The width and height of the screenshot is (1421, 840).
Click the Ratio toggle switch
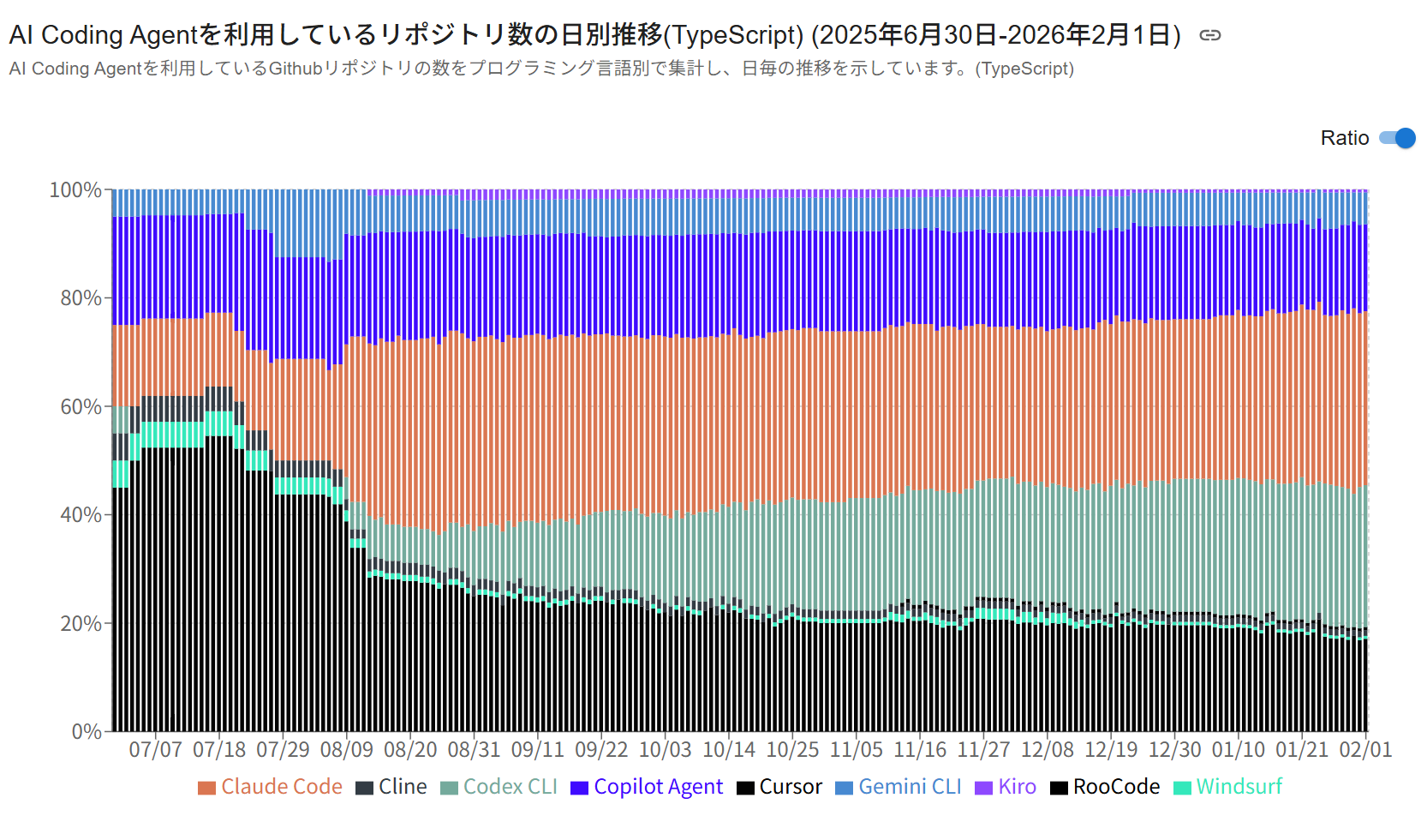click(1397, 138)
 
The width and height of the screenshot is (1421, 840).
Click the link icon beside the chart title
click(1209, 35)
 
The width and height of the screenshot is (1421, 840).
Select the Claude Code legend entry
click(271, 787)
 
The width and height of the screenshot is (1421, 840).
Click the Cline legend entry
click(391, 787)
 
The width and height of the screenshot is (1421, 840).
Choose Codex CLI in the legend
click(499, 787)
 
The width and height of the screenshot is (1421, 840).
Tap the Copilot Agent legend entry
click(647, 787)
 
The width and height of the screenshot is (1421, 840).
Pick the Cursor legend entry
click(779, 787)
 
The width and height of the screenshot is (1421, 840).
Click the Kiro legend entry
click(1006, 787)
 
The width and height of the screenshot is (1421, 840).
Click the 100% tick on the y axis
click(75, 189)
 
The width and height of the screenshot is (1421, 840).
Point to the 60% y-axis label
click(81, 407)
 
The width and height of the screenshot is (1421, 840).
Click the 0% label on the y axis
click(87, 732)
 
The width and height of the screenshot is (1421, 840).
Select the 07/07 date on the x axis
click(155, 750)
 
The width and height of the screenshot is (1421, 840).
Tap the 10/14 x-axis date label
click(729, 750)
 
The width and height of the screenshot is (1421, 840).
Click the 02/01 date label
click(1366, 750)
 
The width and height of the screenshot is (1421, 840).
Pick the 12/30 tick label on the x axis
click(1175, 750)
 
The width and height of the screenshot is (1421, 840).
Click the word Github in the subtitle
click(296, 69)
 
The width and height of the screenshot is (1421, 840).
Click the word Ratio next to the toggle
click(1345, 138)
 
